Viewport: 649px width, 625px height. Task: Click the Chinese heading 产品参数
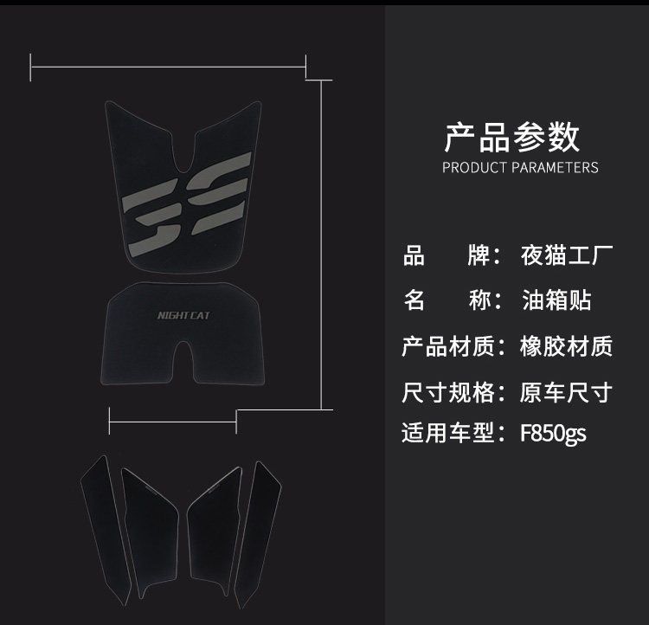[511, 138]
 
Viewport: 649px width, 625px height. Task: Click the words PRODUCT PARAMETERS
[520, 167]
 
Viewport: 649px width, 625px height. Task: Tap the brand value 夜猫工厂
[567, 256]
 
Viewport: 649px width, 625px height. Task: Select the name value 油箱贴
[556, 301]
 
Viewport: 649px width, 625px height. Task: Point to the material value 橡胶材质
[567, 346]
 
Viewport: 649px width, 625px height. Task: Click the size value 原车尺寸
[567, 391]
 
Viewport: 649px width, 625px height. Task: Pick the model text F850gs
[553, 433]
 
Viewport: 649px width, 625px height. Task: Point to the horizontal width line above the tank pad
[168, 64]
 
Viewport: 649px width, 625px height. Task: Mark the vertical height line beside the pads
[323, 242]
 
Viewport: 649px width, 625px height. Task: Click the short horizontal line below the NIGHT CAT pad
[173, 422]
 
